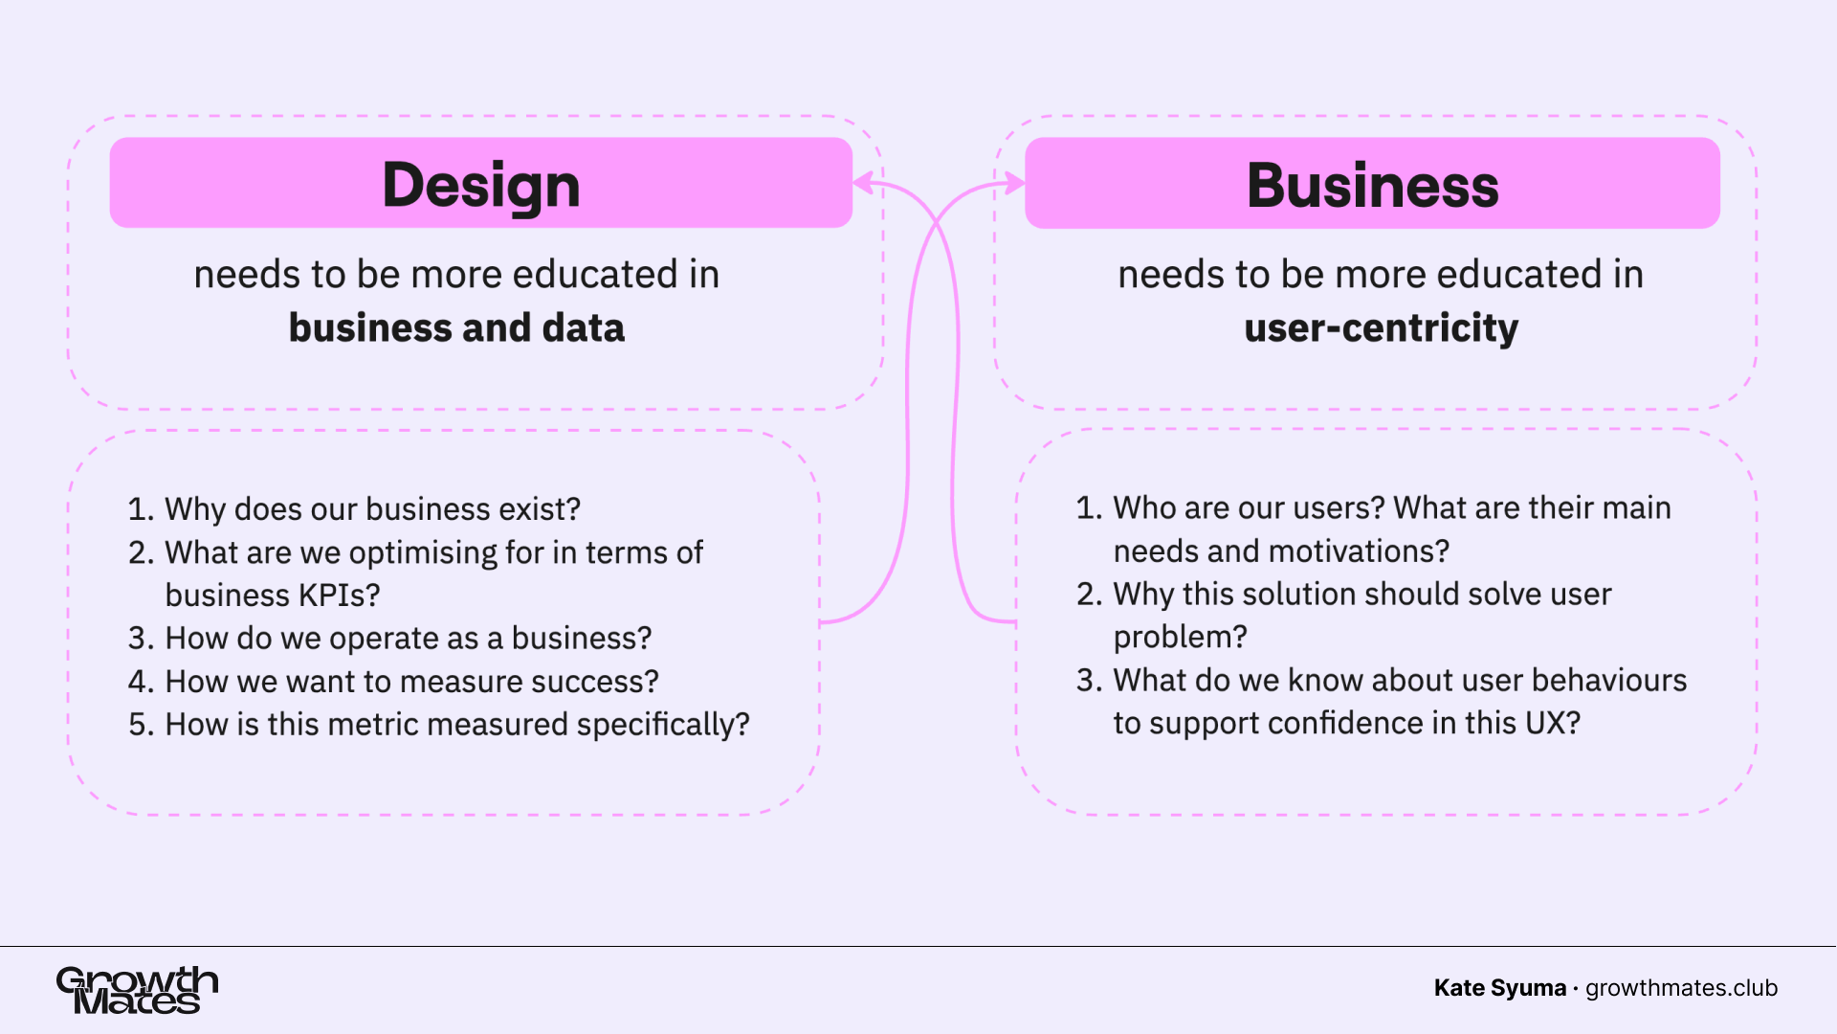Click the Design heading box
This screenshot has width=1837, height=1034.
click(480, 183)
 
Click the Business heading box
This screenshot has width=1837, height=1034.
click(1372, 183)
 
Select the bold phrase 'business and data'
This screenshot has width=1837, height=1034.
click(456, 328)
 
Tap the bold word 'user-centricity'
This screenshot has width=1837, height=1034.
click(1381, 328)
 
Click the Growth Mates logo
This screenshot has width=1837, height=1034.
click(137, 990)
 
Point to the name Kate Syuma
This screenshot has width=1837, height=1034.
click(1499, 988)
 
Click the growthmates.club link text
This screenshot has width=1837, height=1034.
click(1681, 988)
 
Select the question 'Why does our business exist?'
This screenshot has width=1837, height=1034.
click(372, 509)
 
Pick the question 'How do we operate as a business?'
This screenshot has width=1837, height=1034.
click(408, 639)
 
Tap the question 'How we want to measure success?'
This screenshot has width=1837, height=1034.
click(411, 682)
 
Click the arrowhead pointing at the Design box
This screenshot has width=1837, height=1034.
click(863, 183)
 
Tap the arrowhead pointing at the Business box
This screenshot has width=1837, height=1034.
click(1015, 183)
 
